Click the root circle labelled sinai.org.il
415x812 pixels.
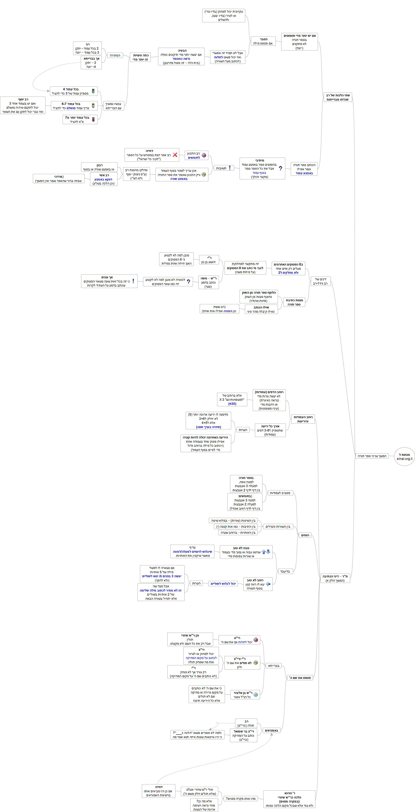pyautogui.click(x=404, y=456)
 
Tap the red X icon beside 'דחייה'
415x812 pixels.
pyautogui.click(x=175, y=155)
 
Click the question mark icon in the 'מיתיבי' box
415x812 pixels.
pyautogui.click(x=281, y=168)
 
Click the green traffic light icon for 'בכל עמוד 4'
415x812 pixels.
pyautogui.click(x=93, y=91)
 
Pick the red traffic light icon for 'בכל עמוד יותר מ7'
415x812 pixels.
pyautogui.click(x=93, y=119)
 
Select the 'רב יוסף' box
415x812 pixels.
pyautogui.click(x=23, y=105)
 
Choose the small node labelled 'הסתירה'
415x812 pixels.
pyautogui.click(x=115, y=55)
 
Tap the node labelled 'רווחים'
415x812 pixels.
pyautogui.click(x=305, y=535)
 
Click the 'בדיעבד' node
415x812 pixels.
pyautogui.click(x=285, y=571)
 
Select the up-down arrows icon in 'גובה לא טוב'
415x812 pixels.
pyautogui.click(x=266, y=552)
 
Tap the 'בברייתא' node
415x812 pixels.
pyautogui.click(x=274, y=666)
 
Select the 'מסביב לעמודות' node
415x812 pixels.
pyautogui.click(x=280, y=493)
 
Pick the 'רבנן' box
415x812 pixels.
pyautogui.click(x=99, y=167)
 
